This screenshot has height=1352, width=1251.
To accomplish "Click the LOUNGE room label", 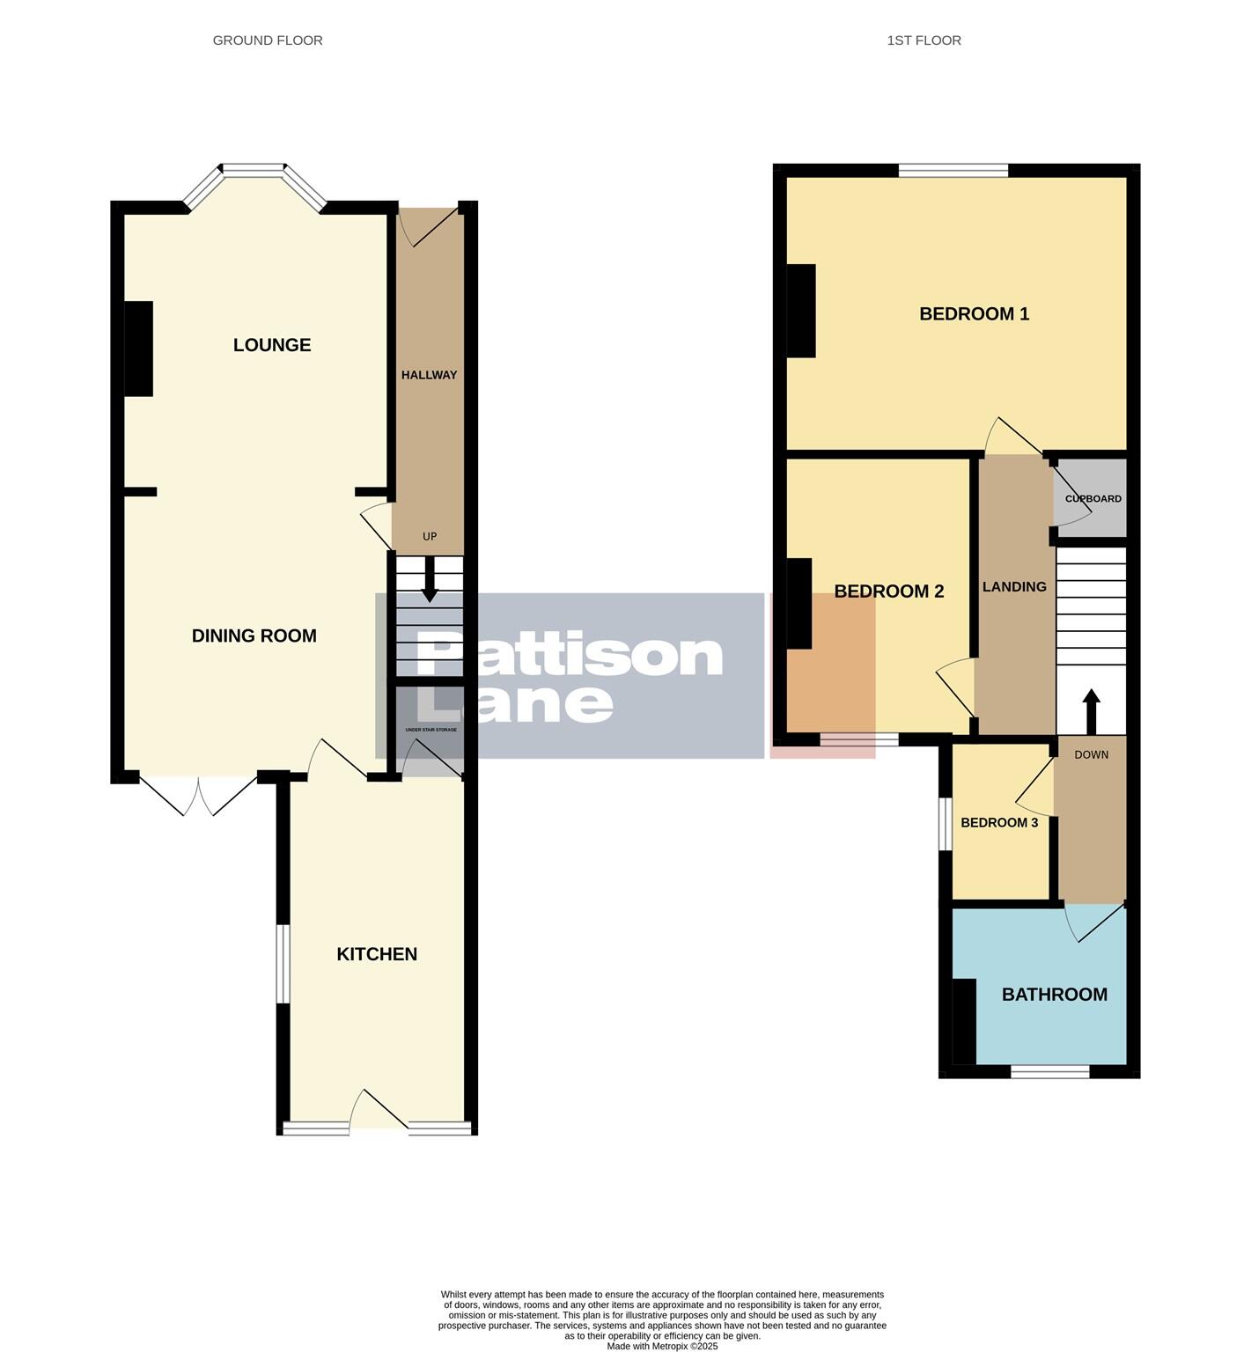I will point(271,345).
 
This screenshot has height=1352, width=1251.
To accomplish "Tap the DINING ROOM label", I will point(254,636).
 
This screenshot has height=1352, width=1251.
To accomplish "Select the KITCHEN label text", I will point(377,954).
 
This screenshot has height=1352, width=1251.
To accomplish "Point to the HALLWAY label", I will point(429,375).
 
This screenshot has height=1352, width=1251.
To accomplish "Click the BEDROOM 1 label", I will point(974,314).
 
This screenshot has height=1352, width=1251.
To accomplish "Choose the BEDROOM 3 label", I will point(999,823).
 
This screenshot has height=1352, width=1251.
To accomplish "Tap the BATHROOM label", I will point(1054,995).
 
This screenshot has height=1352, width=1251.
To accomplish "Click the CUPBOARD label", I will point(1093,499).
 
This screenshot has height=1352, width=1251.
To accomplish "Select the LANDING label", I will point(1014,587).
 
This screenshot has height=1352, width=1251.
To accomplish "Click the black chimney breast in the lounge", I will point(139,349).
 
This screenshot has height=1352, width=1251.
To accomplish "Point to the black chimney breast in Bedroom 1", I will point(801,311).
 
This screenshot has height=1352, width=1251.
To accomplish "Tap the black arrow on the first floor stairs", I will point(1091,709).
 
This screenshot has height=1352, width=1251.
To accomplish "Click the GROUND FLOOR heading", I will point(268,40).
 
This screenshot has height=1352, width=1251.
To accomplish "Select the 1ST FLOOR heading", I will point(924,40).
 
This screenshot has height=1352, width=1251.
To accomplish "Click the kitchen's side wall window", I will point(283,963).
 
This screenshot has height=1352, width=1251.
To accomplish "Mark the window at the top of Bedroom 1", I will point(953,171).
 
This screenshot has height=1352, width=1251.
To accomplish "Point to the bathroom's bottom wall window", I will point(1049,1071).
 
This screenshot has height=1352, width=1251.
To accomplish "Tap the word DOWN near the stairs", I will point(1091,755).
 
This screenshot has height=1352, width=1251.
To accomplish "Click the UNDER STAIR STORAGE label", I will point(430,730).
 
